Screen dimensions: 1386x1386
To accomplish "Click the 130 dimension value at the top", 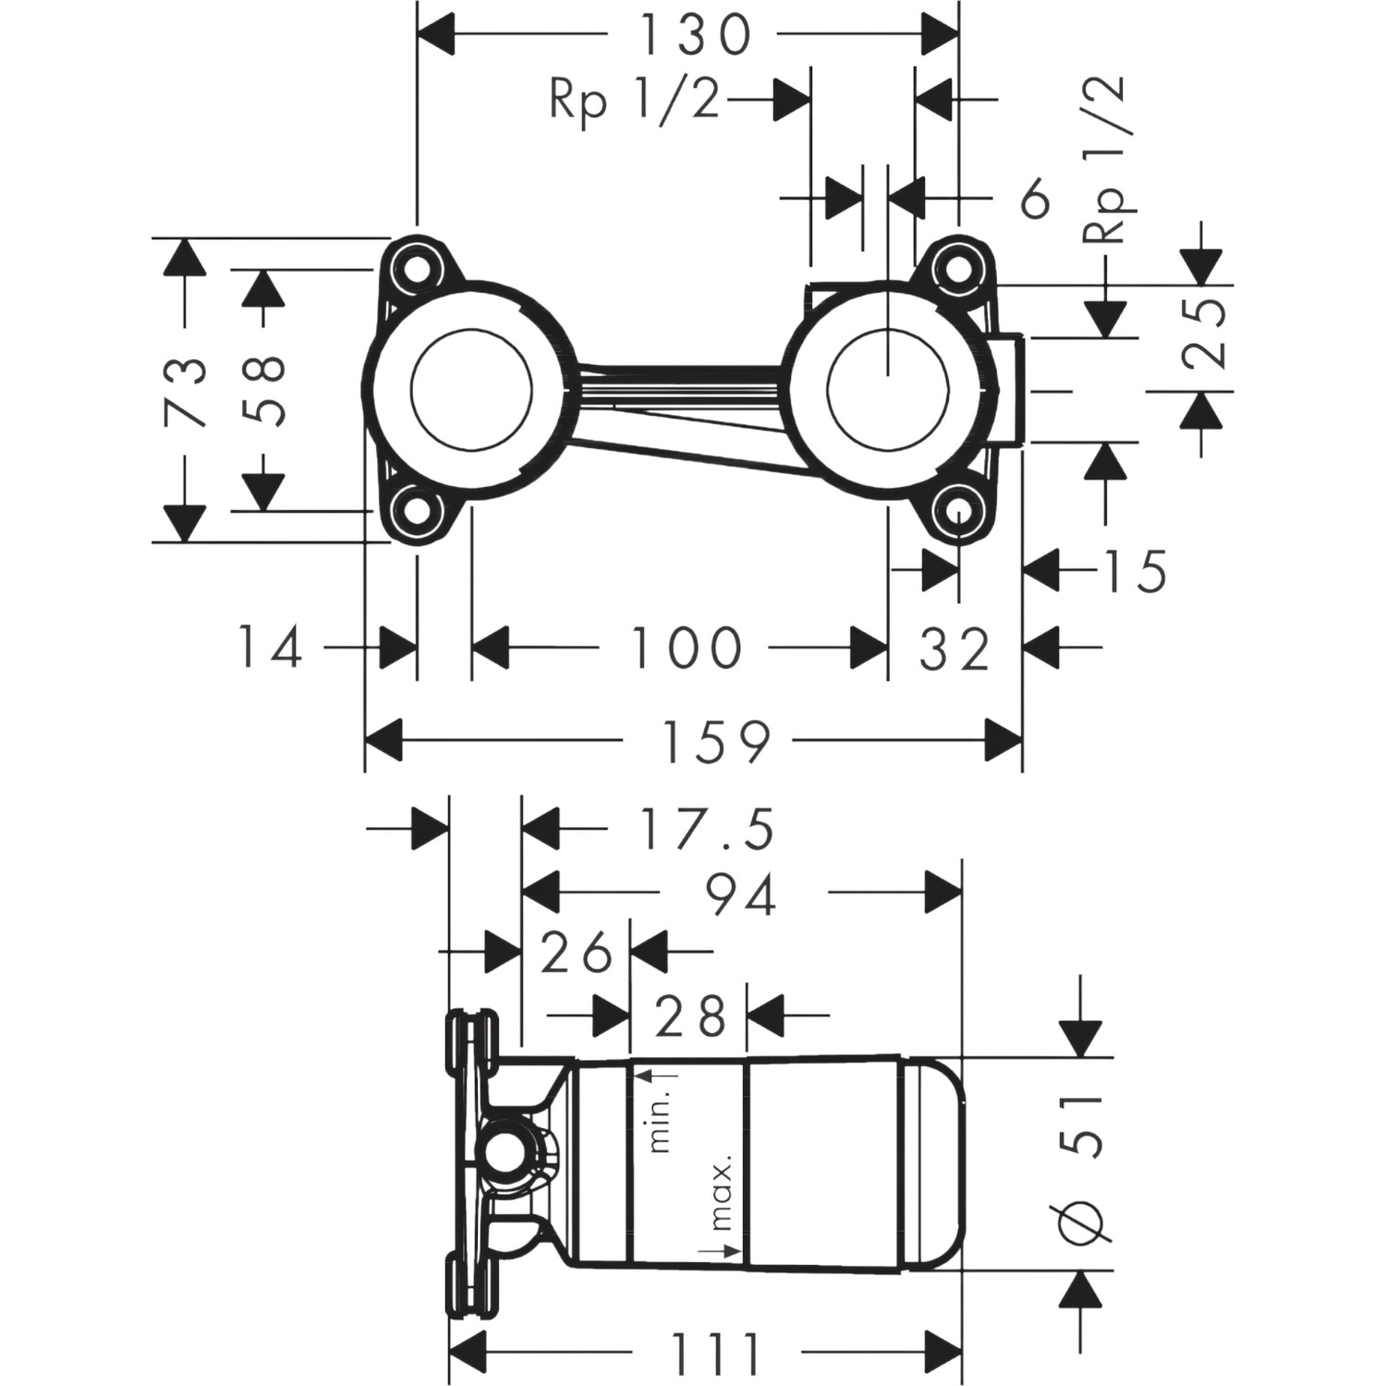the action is tap(695, 35).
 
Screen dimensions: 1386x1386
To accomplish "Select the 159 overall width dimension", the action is tap(716, 740).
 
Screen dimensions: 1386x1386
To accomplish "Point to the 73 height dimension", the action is tap(184, 391).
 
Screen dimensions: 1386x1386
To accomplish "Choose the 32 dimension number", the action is tap(954, 649).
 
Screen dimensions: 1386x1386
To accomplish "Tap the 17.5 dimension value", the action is tap(706, 828).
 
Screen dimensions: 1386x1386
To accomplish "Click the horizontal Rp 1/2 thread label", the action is tap(635, 100).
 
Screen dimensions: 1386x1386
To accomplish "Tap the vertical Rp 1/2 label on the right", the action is tap(1105, 159).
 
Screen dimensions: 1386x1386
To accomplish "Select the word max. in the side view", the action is tap(722, 1194).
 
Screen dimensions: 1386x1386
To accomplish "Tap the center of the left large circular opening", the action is tap(471, 388).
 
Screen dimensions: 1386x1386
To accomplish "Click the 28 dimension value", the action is tap(688, 1016).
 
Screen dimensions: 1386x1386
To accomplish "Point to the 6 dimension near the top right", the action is tap(1036, 199).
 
